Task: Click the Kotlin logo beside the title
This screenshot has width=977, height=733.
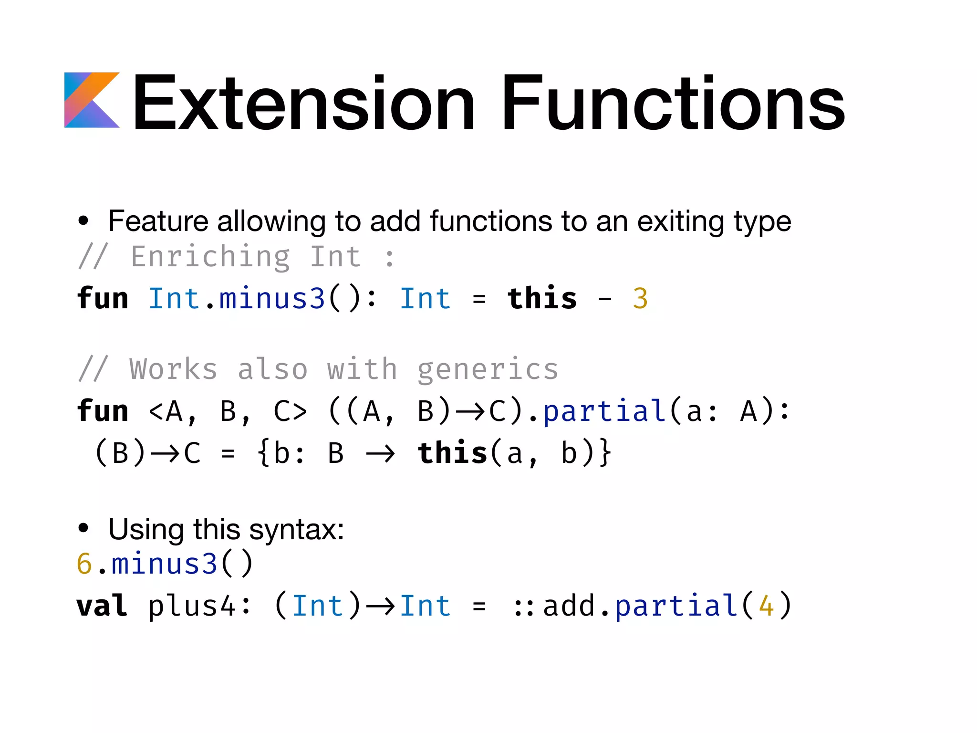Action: click(x=92, y=100)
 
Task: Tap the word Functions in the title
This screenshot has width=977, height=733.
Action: click(x=673, y=103)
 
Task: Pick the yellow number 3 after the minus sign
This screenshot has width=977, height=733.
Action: click(x=640, y=299)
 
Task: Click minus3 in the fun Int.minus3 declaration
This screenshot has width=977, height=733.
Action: click(x=272, y=299)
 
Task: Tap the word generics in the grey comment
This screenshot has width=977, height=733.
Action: click(x=488, y=370)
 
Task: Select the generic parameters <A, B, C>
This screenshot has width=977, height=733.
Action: click(x=228, y=411)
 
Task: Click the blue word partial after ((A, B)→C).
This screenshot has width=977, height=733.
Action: click(x=604, y=411)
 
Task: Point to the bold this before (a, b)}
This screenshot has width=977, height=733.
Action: click(x=452, y=453)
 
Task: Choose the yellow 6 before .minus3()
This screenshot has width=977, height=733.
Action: click(x=84, y=564)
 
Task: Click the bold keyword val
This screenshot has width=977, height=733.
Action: click(x=102, y=606)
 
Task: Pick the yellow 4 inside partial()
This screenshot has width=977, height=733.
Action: click(x=766, y=606)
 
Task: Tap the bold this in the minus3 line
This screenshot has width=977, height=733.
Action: click(x=542, y=299)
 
